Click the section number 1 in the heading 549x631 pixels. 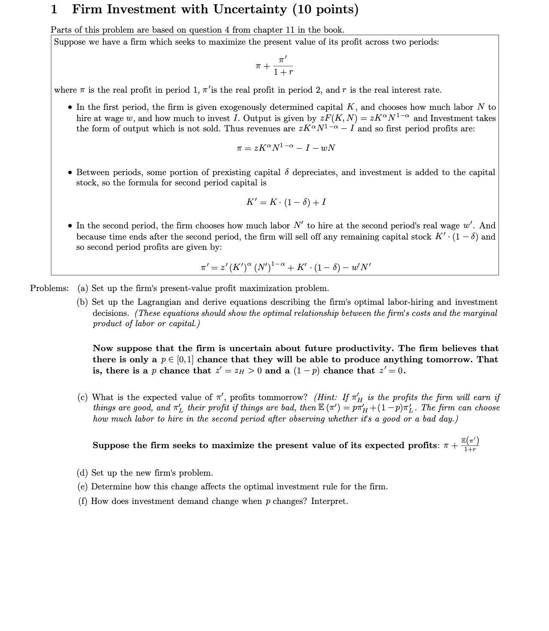pyautogui.click(x=54, y=9)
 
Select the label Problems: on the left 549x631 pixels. pyautogui.click(x=49, y=288)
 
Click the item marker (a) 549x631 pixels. pyautogui.click(x=83, y=288)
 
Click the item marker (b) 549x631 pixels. pyautogui.click(x=84, y=302)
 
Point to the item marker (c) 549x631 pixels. pyautogui.click(x=83, y=397)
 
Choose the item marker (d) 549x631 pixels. pyautogui.click(x=83, y=473)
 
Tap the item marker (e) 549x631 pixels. pyautogui.click(x=83, y=487)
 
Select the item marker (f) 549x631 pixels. pyautogui.click(x=83, y=501)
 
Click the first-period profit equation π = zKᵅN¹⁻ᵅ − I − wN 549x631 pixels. pyautogui.click(x=286, y=148)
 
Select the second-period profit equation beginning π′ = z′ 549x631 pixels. pyautogui.click(x=286, y=267)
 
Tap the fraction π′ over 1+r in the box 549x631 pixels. pyautogui.click(x=283, y=66)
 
